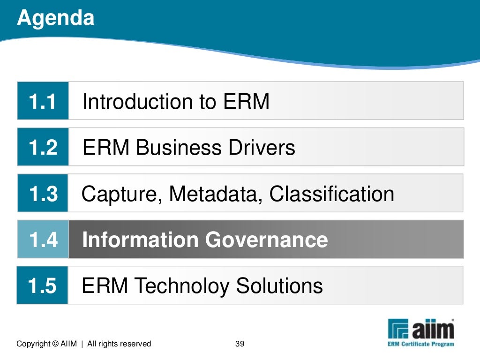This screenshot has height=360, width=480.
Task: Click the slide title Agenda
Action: (x=55, y=18)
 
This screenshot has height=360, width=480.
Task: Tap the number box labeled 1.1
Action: (x=43, y=101)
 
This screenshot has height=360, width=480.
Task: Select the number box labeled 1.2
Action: (x=43, y=147)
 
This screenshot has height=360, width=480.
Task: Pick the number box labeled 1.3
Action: (x=43, y=193)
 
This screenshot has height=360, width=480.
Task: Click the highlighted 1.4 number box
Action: (x=43, y=240)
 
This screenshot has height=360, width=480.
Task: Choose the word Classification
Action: (x=331, y=194)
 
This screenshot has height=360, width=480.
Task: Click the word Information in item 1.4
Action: (x=140, y=240)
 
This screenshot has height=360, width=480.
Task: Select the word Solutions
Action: (x=279, y=285)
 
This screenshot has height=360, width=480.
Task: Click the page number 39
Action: (x=240, y=344)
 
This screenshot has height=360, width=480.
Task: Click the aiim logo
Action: (x=421, y=330)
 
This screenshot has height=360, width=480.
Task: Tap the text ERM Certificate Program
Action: (x=420, y=344)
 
